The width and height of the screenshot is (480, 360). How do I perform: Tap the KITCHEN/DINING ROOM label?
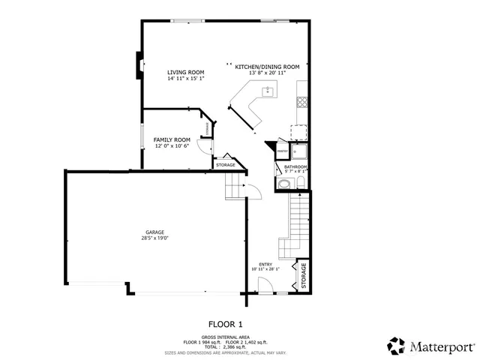coord(267,67)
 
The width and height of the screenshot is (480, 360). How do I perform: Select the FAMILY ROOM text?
coord(172,139)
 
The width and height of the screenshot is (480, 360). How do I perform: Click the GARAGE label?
coord(155,232)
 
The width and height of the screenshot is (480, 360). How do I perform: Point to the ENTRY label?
coord(265,265)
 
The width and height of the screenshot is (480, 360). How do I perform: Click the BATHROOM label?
coord(296,167)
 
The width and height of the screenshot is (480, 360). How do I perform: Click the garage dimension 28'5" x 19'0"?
coord(155,238)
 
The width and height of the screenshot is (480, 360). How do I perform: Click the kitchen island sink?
coord(267,91)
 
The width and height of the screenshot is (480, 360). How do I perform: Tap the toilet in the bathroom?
coord(286,184)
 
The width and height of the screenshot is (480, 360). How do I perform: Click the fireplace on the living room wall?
coord(139,65)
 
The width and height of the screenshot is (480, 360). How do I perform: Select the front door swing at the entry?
coord(264,285)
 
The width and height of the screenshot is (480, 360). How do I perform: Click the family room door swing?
coord(202,147)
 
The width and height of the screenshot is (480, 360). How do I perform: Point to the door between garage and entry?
coord(253,192)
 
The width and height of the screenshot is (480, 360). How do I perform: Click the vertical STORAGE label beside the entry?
coord(304,275)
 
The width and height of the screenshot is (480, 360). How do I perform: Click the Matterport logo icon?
coord(396,346)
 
